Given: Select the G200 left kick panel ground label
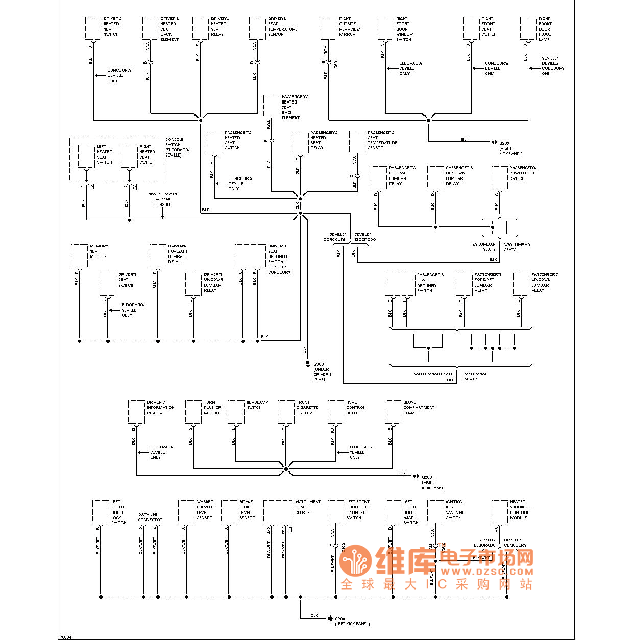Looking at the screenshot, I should [352, 621].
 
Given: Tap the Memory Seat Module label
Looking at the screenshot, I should [99, 251].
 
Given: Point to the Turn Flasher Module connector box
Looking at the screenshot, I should [193, 412].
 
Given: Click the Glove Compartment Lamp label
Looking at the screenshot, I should [419, 407].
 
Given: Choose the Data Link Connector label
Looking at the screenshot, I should [150, 517].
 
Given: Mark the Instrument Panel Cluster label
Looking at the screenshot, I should [307, 507].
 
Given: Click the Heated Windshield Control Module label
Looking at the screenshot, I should [521, 509].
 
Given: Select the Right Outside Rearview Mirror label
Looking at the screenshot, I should [349, 27].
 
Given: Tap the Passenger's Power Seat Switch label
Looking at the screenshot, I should [522, 173].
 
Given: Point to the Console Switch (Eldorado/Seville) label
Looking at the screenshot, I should [177, 147].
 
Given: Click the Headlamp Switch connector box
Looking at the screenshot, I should [236, 412].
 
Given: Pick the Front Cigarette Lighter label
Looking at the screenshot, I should [307, 407].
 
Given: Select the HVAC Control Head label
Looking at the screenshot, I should [355, 407].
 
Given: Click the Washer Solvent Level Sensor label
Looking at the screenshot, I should [205, 509].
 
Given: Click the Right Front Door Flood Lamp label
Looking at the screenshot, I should [545, 29].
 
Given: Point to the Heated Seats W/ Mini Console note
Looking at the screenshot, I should [162, 199].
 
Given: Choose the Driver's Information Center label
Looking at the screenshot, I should [160, 407].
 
